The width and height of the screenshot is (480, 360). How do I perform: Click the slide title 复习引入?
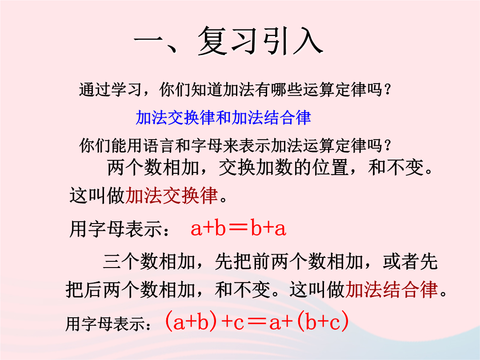(x=260, y=41)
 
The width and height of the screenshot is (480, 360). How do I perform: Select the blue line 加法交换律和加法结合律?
(x=223, y=118)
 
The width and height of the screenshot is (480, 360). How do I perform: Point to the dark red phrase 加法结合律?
(x=392, y=289)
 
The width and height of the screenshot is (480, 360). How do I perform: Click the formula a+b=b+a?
(x=238, y=228)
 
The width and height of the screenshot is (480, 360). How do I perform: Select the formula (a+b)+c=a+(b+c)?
(x=257, y=322)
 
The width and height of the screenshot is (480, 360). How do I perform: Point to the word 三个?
(x=121, y=262)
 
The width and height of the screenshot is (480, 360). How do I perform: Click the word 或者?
(x=401, y=262)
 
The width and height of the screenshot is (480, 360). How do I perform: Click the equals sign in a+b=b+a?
(x=238, y=228)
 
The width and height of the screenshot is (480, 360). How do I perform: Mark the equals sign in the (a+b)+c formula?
(x=257, y=323)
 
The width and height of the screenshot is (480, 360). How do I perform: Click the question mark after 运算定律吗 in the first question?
(x=388, y=90)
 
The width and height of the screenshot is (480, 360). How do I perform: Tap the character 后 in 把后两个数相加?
(x=93, y=289)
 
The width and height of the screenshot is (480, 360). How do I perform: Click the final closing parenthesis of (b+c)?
(x=345, y=322)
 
